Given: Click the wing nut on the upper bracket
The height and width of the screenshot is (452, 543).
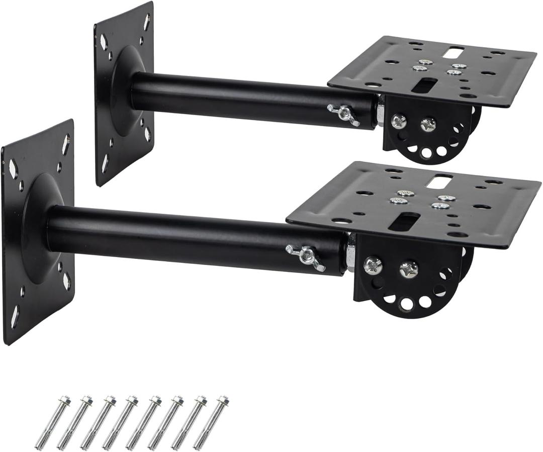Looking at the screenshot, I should click(x=343, y=114).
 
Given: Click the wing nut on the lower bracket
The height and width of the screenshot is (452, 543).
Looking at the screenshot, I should click(x=305, y=256).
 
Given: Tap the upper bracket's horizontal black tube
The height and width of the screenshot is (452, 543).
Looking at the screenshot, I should click(x=251, y=99).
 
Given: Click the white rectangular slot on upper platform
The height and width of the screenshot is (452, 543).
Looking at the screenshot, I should click(x=455, y=51).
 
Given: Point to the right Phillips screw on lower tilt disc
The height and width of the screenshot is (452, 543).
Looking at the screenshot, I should click(x=408, y=269).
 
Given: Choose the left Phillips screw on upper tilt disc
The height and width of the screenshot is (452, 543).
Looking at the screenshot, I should click(x=398, y=121).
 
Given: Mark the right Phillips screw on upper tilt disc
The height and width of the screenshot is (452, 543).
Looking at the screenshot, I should click(x=428, y=124).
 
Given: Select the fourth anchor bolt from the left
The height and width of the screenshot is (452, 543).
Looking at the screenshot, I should click(x=121, y=423).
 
